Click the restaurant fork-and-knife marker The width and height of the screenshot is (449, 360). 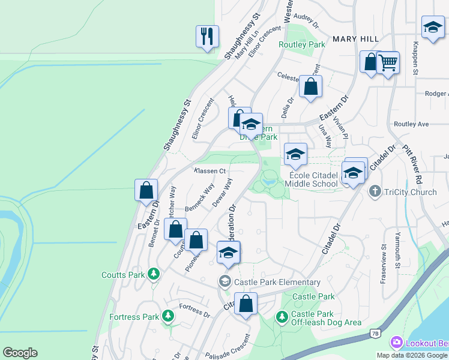coord(207,36)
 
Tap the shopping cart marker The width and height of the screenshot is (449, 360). coord(388,62)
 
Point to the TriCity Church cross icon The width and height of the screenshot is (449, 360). coord(375,191)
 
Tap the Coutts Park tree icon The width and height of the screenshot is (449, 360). coord(154,274)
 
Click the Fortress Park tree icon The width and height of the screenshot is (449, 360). coord(168,316)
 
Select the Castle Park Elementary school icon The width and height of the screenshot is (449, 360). coord(225,281)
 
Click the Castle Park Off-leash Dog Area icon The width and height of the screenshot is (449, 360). coord(282,316)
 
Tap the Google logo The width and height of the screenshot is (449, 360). coord(20,353)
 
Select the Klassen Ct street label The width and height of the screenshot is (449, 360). coord(209,171)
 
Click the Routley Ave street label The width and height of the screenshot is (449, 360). coord(411,124)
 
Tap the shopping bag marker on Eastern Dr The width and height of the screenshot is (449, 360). coord(146,190)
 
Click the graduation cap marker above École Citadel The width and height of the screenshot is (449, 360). coord(295,154)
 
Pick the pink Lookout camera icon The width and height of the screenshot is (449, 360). coord(396,342)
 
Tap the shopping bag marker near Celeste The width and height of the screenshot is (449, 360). coord(311,86)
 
